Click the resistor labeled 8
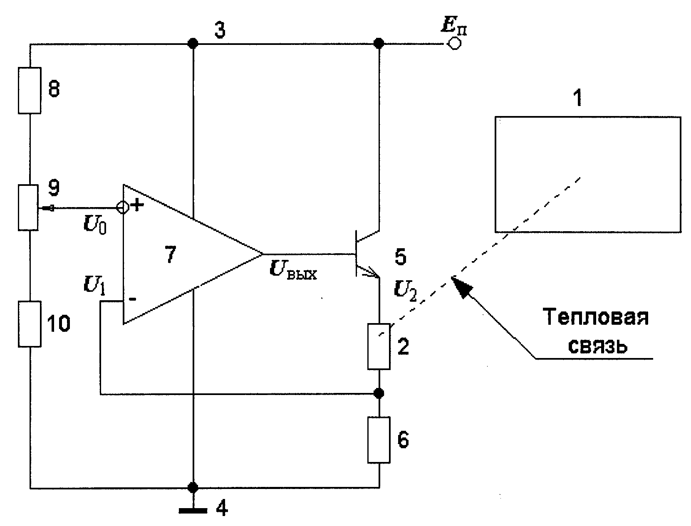pos(29,90)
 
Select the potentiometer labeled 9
pos(28,207)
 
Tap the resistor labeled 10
pos(30,324)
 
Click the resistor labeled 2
pos(379,346)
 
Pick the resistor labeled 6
pos(379,440)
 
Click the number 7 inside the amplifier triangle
pos(171,254)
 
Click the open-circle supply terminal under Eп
pos(454,43)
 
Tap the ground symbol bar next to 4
pos(193,511)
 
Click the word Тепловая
pos(596,317)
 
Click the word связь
pos(597,346)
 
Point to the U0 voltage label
pos(95,224)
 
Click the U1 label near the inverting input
pos(94,286)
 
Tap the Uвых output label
pos(293,270)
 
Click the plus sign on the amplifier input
pos(137,205)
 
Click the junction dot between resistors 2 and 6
pos(379,393)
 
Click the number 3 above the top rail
pos(220,30)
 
